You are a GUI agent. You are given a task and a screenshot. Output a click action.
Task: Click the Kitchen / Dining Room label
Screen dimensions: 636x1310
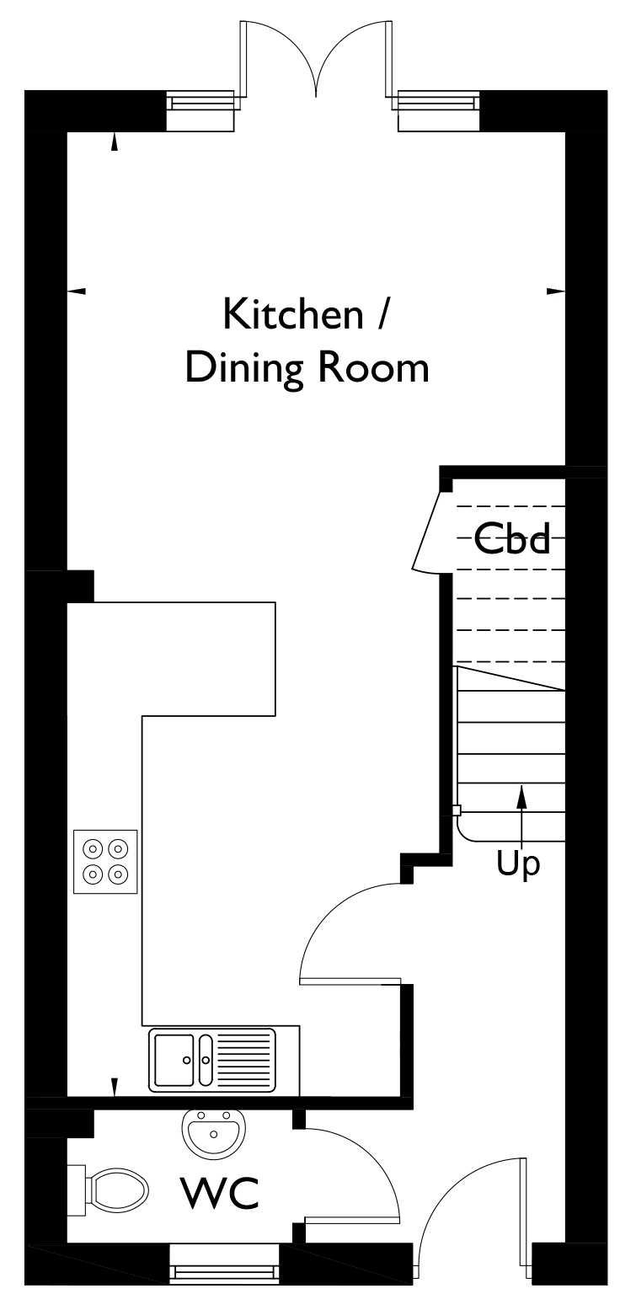click(307, 342)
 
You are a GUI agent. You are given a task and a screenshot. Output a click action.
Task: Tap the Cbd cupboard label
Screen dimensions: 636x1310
click(512, 538)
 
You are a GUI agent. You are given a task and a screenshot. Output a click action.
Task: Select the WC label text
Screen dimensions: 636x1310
click(220, 1194)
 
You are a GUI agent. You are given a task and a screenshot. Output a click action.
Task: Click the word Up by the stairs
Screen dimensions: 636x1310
click(518, 864)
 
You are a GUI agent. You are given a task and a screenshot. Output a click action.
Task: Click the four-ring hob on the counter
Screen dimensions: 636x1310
click(106, 862)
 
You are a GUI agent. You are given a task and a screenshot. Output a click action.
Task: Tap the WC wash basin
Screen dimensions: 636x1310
click(212, 1131)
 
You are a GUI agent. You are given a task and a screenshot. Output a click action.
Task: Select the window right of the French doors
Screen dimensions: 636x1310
click(436, 103)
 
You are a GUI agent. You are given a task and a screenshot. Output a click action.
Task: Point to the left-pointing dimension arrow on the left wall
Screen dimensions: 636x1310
click(77, 291)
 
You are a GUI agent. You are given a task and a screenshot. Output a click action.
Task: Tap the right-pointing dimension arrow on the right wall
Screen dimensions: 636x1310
click(556, 291)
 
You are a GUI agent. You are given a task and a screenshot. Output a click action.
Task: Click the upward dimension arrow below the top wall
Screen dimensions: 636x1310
click(115, 142)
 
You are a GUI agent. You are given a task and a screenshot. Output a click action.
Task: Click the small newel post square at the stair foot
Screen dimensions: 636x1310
click(457, 810)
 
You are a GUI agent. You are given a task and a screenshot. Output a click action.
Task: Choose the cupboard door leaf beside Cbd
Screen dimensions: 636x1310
click(427, 531)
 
